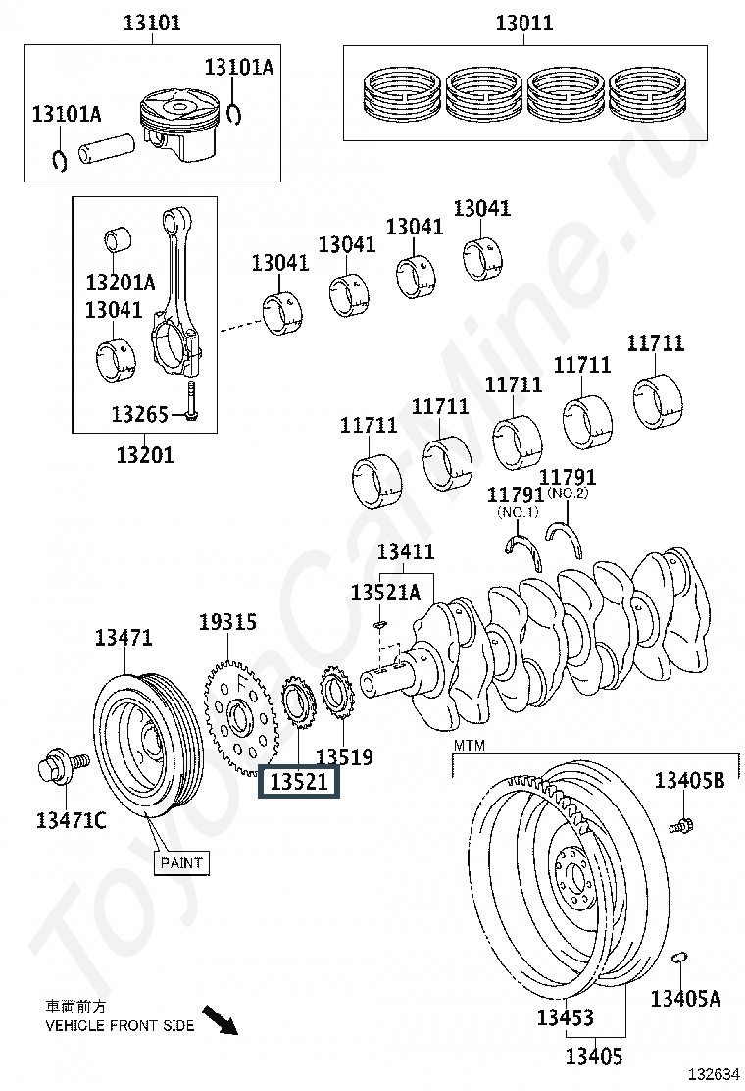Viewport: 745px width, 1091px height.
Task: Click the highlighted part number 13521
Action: click(x=298, y=781)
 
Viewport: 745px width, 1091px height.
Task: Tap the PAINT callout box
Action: click(x=181, y=862)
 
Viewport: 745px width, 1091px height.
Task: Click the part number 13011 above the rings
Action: click(x=524, y=23)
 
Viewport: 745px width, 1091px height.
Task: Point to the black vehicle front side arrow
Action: click(x=221, y=1019)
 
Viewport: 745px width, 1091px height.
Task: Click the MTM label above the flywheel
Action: click(x=470, y=746)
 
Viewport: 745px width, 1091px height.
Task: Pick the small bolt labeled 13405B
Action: click(x=680, y=826)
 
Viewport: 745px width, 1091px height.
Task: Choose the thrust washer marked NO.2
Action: click(x=565, y=538)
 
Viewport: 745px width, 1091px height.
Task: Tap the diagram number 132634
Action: click(x=714, y=1075)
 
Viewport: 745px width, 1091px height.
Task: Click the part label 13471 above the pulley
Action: click(x=123, y=638)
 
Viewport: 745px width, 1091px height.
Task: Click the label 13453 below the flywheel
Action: click(x=565, y=1018)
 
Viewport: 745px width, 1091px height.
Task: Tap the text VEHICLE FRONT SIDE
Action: click(x=120, y=1025)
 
